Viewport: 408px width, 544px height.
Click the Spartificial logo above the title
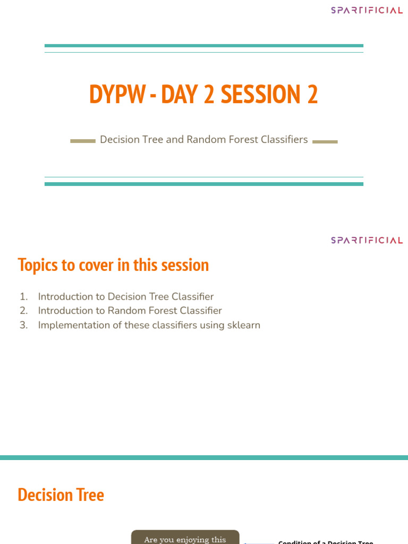367,10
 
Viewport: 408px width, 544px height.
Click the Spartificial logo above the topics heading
367,240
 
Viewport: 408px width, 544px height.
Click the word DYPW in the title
117,94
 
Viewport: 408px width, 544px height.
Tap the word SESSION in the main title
261,94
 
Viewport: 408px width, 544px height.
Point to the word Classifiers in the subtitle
285,140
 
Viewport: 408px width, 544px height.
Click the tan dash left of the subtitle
83,141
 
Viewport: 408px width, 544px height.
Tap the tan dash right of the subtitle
325,141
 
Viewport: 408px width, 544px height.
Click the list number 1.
23,296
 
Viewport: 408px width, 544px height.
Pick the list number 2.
23,311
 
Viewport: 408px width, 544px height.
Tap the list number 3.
23,325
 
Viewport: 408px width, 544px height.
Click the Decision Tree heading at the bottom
61,495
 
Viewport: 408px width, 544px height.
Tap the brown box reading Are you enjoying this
185,538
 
